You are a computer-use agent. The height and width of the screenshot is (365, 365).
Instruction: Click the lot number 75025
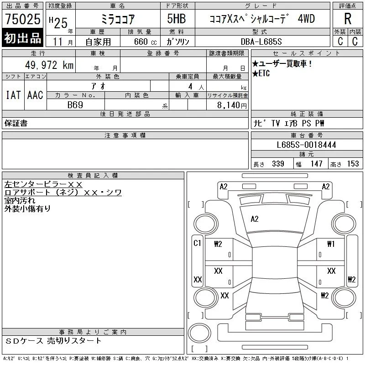22,19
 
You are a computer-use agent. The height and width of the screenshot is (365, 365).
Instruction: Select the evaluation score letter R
348,19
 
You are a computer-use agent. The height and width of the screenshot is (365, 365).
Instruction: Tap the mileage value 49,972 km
49,65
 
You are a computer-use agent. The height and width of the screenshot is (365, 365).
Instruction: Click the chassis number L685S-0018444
306,145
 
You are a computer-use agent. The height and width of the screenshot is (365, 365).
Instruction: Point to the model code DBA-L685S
261,42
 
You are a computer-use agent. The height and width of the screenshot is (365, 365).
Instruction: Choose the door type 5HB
177,19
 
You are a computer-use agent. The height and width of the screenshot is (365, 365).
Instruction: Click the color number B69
75,105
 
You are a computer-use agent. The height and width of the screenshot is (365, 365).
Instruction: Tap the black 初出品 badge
22,38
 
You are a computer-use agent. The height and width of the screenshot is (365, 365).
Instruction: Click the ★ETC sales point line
261,73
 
